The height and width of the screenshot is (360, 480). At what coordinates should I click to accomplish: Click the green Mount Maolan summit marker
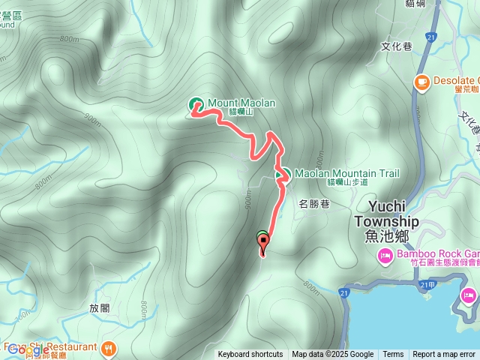coord(195,104)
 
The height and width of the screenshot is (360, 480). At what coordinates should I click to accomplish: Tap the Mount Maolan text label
coord(242,103)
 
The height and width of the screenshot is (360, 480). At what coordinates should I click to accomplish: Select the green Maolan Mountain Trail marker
coord(283,175)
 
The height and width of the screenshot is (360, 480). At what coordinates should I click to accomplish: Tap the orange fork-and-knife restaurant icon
coord(109,347)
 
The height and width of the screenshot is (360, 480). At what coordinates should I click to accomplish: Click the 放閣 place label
coord(99,308)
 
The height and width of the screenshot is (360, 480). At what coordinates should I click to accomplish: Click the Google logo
coord(28,349)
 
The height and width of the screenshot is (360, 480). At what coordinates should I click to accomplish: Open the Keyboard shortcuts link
coord(250,355)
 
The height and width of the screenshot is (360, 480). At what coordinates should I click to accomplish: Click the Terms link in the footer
coord(393,355)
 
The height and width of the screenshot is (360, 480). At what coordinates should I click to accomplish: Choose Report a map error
coord(444,355)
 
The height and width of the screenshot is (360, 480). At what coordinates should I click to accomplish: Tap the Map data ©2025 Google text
coord(333,355)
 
